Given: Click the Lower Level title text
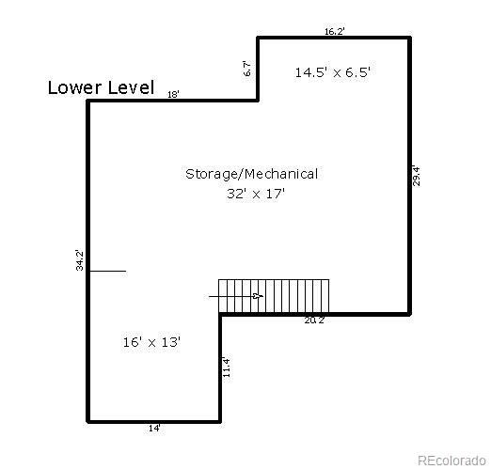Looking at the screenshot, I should pyautogui.click(x=101, y=88).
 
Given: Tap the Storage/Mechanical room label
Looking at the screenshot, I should pyautogui.click(x=251, y=174).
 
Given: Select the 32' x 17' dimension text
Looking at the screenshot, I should pyautogui.click(x=255, y=193).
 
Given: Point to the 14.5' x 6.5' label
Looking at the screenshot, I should pyautogui.click(x=332, y=71).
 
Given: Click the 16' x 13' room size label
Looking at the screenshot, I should pyautogui.click(x=151, y=342).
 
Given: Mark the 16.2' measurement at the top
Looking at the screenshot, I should pyautogui.click(x=334, y=31).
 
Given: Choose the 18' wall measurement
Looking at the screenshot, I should pyautogui.click(x=173, y=95).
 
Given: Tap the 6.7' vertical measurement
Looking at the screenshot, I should pyautogui.click(x=247, y=68).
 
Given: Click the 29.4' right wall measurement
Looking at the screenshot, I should pyautogui.click(x=417, y=176).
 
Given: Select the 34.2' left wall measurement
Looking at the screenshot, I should pyautogui.click(x=80, y=260).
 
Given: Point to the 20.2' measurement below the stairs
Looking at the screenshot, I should pyautogui.click(x=314, y=320).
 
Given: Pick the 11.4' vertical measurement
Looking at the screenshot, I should pyautogui.click(x=227, y=367).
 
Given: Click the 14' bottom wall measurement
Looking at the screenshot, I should pyautogui.click(x=153, y=429).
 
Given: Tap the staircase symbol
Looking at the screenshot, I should pyautogui.click(x=274, y=295).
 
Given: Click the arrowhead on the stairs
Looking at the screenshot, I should pyautogui.click(x=259, y=296).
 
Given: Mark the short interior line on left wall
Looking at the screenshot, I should pyautogui.click(x=107, y=271).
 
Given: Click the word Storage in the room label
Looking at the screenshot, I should pyautogui.click(x=211, y=174).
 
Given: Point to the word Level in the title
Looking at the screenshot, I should pyautogui.click(x=132, y=88).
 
